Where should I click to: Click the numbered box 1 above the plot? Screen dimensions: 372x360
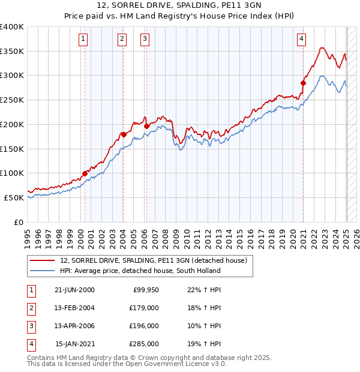pyautogui.click(x=83, y=40)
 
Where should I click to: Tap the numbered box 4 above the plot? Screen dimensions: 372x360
pyautogui.click(x=301, y=40)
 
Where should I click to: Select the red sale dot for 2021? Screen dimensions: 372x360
pyautogui.click(x=303, y=83)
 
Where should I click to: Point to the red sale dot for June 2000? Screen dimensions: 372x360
pyautogui.click(x=85, y=173)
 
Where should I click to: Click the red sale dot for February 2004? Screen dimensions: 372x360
pyautogui.click(x=123, y=134)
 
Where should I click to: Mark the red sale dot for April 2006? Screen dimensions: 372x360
pyautogui.click(x=146, y=127)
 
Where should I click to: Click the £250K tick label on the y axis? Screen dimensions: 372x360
pyautogui.click(x=12, y=100)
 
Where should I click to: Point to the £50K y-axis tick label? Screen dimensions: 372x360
pyautogui.click(x=14, y=197)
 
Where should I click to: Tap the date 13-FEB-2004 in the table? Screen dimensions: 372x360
pyautogui.click(x=74, y=308)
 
